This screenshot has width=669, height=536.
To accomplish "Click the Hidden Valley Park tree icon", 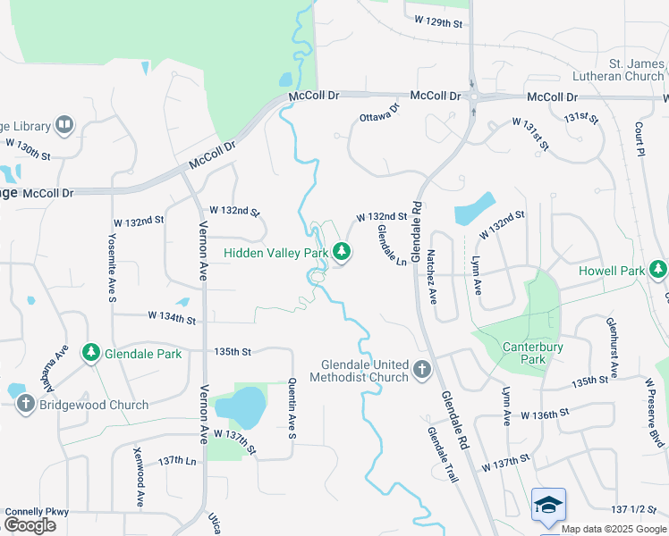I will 341,253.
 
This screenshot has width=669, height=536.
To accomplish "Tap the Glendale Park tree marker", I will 90,354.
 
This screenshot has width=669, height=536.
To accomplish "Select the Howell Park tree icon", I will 658,269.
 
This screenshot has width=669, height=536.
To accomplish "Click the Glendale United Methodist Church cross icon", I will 422,369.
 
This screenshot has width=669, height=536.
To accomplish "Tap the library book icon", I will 64,125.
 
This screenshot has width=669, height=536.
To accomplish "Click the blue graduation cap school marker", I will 548,506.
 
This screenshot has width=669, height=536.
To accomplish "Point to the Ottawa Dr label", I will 379,114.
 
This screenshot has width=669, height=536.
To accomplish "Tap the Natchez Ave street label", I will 432,276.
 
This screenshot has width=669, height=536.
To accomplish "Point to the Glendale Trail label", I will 442,455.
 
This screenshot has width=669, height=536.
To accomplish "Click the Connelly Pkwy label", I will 37,511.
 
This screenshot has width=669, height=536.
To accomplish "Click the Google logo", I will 30,524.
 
